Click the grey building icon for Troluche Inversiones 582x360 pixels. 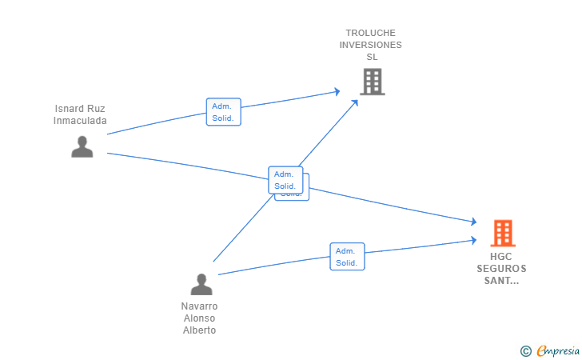pos(372,82)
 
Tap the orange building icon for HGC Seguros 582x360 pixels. pos(503,233)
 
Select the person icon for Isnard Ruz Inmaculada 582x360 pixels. pos(82,146)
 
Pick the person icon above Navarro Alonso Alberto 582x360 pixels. pos(201,284)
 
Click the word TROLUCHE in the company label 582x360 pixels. pos(370,33)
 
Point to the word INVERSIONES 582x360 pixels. pos(370,45)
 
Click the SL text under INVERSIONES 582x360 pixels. pos(371,57)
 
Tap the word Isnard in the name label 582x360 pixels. pos(69,109)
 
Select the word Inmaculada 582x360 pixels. pos(80,121)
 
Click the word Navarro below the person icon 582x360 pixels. pos(200,306)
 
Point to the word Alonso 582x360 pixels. pos(200,318)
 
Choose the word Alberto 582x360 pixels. pos(200,330)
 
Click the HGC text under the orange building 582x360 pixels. pos(502,257)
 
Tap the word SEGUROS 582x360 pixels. pos(502,269)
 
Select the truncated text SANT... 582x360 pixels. pos(502,281)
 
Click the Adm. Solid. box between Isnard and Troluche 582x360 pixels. pos(223,112)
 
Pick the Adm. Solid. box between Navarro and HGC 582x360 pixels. pos(347,257)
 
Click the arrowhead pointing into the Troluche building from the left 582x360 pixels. pos(337,91)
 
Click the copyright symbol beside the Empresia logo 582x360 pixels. pos(525,350)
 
